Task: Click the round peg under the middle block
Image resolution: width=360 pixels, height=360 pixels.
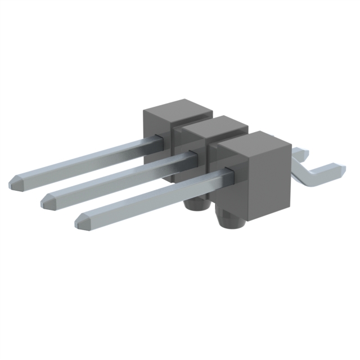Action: coord(195,204)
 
